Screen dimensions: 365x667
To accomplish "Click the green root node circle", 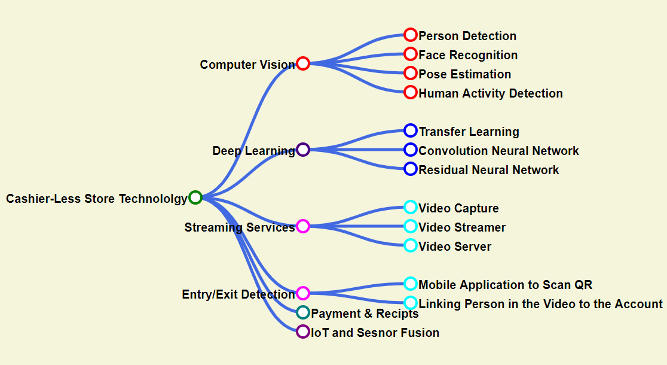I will coord(195,197).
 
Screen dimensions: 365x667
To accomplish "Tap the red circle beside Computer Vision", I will coord(303,63).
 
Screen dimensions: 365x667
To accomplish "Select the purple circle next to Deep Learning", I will coord(303,150).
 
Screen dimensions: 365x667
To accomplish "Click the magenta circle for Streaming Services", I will coord(303,226).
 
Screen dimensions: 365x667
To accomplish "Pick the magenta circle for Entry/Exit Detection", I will coord(303,293).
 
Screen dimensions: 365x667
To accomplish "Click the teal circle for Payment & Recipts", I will coord(303,312).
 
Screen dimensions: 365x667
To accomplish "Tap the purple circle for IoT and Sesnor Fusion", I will coord(303,331).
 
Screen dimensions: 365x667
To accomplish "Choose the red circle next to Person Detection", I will coord(411,35).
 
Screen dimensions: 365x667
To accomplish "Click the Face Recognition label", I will coord(468,55).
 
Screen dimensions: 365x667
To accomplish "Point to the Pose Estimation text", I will coord(464,74).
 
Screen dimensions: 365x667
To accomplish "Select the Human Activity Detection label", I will coord(491,93).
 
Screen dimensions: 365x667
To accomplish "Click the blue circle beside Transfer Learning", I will coord(411,130).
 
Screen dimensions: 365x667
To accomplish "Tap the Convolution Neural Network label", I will coord(498,151).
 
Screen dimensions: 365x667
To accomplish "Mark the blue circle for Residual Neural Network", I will coord(411,169).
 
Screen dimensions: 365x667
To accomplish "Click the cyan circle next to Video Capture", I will coord(411,207).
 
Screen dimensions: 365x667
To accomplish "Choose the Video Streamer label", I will coord(462,227).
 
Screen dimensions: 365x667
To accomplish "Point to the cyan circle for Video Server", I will coord(411,245).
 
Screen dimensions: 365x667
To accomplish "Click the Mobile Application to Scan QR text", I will coord(505,285).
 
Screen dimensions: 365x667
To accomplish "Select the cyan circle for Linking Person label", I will coord(411,303).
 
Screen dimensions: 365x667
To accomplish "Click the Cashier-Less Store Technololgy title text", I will coord(97,199).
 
